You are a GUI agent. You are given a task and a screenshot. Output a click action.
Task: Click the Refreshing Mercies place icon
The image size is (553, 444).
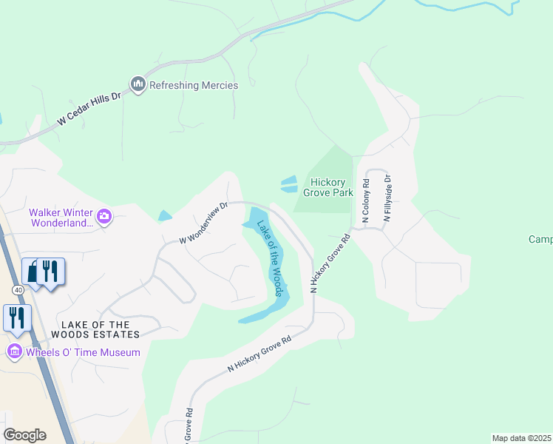138,85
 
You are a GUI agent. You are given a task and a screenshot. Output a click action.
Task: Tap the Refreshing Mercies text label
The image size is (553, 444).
194,85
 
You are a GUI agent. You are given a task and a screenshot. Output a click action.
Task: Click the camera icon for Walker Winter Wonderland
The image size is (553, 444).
104,216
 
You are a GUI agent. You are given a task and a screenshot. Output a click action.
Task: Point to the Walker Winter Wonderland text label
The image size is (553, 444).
62,217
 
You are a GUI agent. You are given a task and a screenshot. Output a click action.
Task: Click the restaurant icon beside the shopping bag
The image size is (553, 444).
50,271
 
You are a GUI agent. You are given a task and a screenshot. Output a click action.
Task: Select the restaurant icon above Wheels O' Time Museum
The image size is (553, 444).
16,317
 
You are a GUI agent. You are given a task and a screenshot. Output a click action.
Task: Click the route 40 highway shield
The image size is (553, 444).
18,289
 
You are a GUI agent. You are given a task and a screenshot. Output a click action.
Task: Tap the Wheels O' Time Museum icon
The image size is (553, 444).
14,352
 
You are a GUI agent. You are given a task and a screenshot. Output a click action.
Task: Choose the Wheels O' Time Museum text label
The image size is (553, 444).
83,352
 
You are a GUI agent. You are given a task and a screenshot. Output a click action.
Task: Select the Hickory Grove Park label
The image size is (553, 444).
331,187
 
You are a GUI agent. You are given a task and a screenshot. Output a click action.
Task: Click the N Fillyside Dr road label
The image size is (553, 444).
387,198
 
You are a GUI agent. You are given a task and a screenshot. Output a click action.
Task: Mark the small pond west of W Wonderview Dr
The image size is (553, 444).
165,216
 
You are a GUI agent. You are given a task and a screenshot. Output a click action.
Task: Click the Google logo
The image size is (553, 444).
24,435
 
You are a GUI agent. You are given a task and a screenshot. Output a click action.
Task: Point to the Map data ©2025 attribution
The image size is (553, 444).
521,438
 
